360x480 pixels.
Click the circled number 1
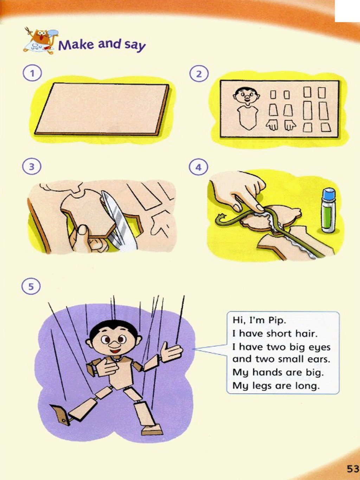point(32,73)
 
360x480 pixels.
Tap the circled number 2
point(199,74)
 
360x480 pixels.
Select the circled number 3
point(32,166)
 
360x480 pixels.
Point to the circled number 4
point(198,167)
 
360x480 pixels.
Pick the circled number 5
point(31,286)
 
